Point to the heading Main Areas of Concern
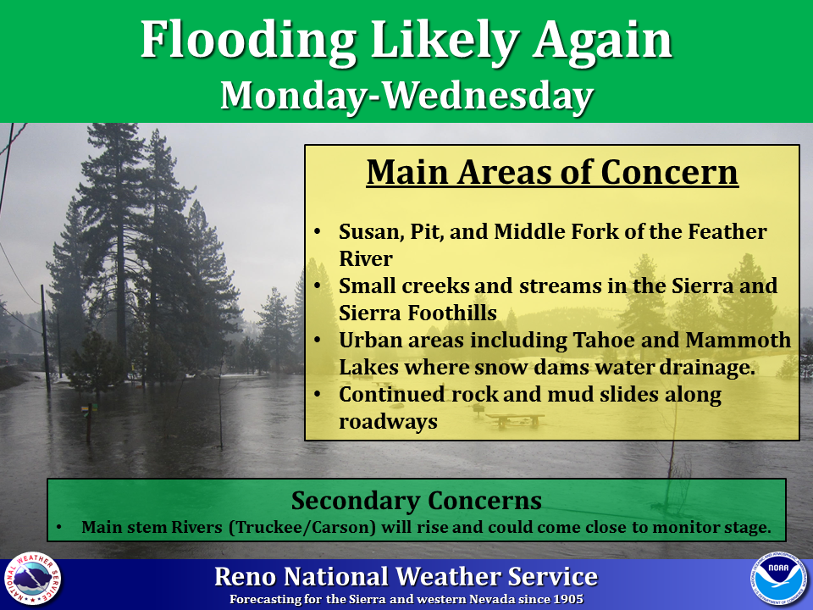[x=552, y=172]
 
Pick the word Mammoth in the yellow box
[x=738, y=340]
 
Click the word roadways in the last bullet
[x=388, y=422]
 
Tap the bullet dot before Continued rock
[x=318, y=394]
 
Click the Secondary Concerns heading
[x=417, y=501]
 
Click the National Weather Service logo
[x=33, y=578]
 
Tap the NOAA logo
[x=779, y=578]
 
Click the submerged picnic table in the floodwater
[x=515, y=419]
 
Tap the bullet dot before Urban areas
[x=318, y=339]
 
